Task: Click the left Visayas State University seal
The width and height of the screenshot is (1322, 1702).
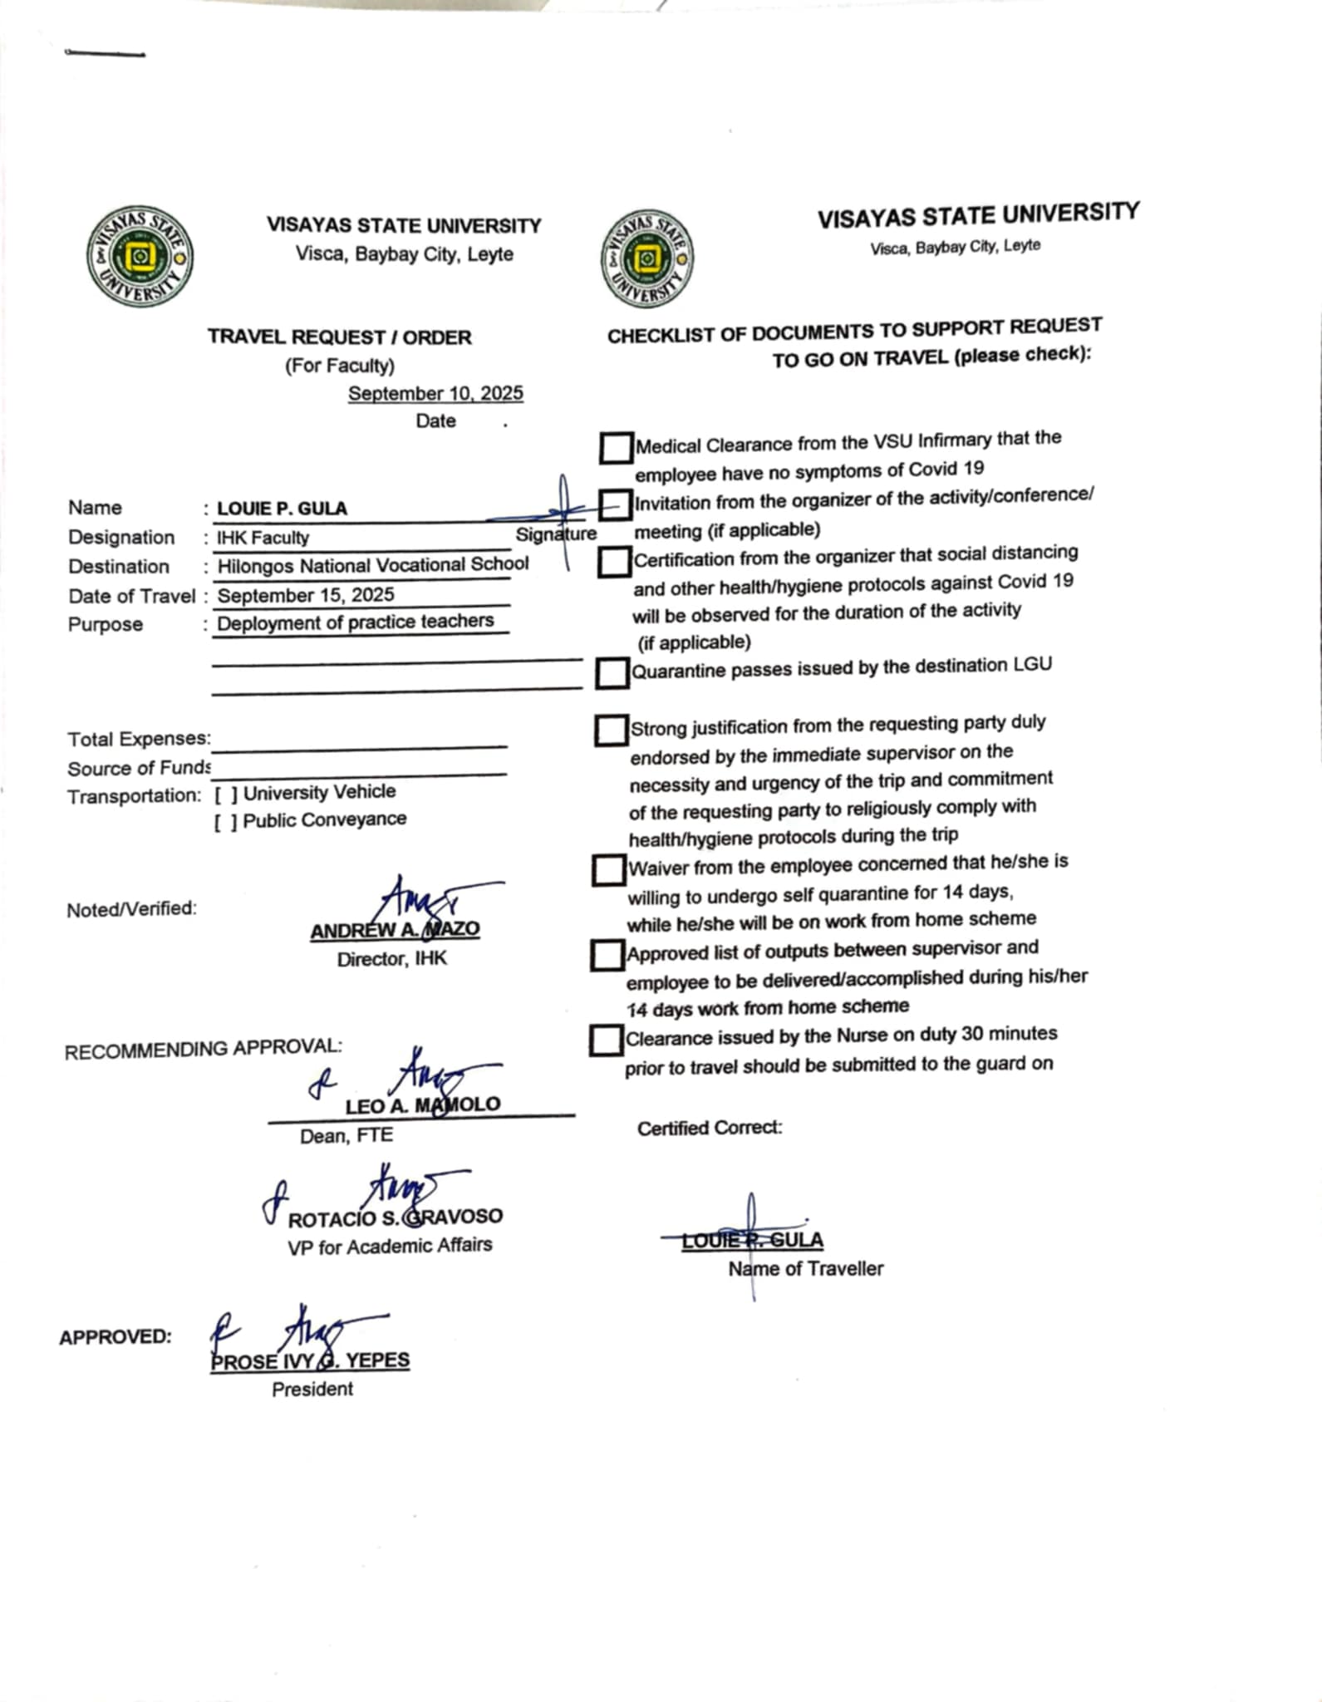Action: click(x=140, y=257)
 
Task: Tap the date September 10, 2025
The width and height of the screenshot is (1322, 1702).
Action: click(x=435, y=393)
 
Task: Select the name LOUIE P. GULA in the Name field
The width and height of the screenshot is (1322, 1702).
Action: click(x=282, y=509)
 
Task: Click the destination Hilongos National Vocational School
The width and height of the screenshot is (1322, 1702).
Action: click(x=372, y=564)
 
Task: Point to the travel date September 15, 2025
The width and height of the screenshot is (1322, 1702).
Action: click(x=306, y=595)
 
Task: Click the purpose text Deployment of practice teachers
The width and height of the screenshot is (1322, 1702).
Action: click(x=355, y=622)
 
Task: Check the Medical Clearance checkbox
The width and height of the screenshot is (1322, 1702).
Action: click(x=615, y=447)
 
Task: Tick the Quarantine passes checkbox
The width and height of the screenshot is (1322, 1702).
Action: click(x=612, y=672)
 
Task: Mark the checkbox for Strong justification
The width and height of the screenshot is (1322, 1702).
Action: click(x=611, y=730)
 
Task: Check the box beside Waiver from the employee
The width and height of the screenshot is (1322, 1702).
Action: click(x=608, y=870)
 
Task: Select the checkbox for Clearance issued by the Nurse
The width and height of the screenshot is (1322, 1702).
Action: click(x=606, y=1040)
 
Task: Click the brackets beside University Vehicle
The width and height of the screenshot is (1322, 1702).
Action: click(x=226, y=795)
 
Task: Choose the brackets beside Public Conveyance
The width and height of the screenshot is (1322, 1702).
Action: click(x=226, y=823)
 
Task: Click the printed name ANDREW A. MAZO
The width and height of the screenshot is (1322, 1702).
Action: click(x=395, y=930)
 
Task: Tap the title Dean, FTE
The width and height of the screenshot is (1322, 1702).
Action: click(x=346, y=1135)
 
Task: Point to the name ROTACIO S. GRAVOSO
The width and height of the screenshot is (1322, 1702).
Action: click(x=395, y=1217)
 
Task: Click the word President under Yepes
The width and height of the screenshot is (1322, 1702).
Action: click(x=312, y=1389)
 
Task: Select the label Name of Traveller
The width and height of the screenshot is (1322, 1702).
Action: click(x=805, y=1268)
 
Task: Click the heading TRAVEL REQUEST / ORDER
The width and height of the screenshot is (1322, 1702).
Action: click(x=339, y=337)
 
